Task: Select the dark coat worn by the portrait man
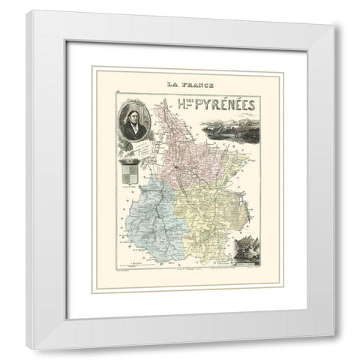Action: pos(135,133)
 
